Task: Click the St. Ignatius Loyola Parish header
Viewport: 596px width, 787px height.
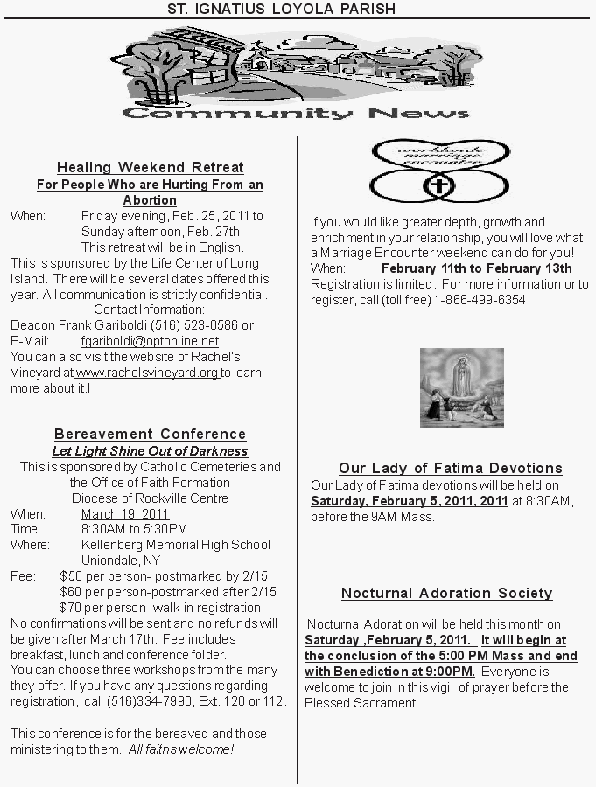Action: (282, 9)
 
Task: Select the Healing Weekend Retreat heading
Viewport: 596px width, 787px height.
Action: (150, 167)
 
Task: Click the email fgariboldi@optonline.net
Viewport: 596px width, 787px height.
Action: (150, 341)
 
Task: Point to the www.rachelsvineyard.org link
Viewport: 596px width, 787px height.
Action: (147, 373)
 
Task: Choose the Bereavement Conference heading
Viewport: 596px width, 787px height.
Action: (150, 435)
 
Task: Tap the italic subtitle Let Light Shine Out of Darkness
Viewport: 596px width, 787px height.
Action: (150, 451)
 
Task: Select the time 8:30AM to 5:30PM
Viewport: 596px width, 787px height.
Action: (134, 529)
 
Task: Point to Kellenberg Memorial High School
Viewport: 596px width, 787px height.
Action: (176, 545)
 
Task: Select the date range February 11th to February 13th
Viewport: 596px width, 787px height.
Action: (476, 268)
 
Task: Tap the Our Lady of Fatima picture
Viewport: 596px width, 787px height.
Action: (461, 387)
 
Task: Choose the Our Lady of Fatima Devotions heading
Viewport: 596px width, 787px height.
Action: (450, 469)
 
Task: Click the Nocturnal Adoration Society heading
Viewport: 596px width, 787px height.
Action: (446, 594)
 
